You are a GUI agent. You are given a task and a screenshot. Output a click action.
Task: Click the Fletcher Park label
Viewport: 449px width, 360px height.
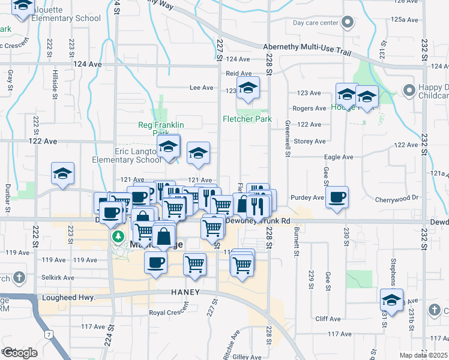(x=247, y=119)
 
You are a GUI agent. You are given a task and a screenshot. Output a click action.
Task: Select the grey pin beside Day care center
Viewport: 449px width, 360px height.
(x=348, y=23)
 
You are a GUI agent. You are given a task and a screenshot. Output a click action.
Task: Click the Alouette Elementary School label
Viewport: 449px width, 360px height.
(x=62, y=18)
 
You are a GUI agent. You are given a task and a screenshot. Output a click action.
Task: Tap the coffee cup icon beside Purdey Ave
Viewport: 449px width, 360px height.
(x=337, y=197)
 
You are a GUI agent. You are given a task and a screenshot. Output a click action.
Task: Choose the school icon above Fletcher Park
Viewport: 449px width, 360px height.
(x=247, y=89)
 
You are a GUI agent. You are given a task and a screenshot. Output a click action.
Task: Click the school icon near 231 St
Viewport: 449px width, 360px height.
(x=391, y=301)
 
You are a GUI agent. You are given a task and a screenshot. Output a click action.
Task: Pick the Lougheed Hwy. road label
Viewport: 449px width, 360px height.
(x=66, y=297)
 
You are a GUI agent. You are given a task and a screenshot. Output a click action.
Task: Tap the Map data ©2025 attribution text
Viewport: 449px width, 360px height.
(x=423, y=355)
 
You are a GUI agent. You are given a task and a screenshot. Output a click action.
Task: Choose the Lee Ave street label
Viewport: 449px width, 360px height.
(x=202, y=88)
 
